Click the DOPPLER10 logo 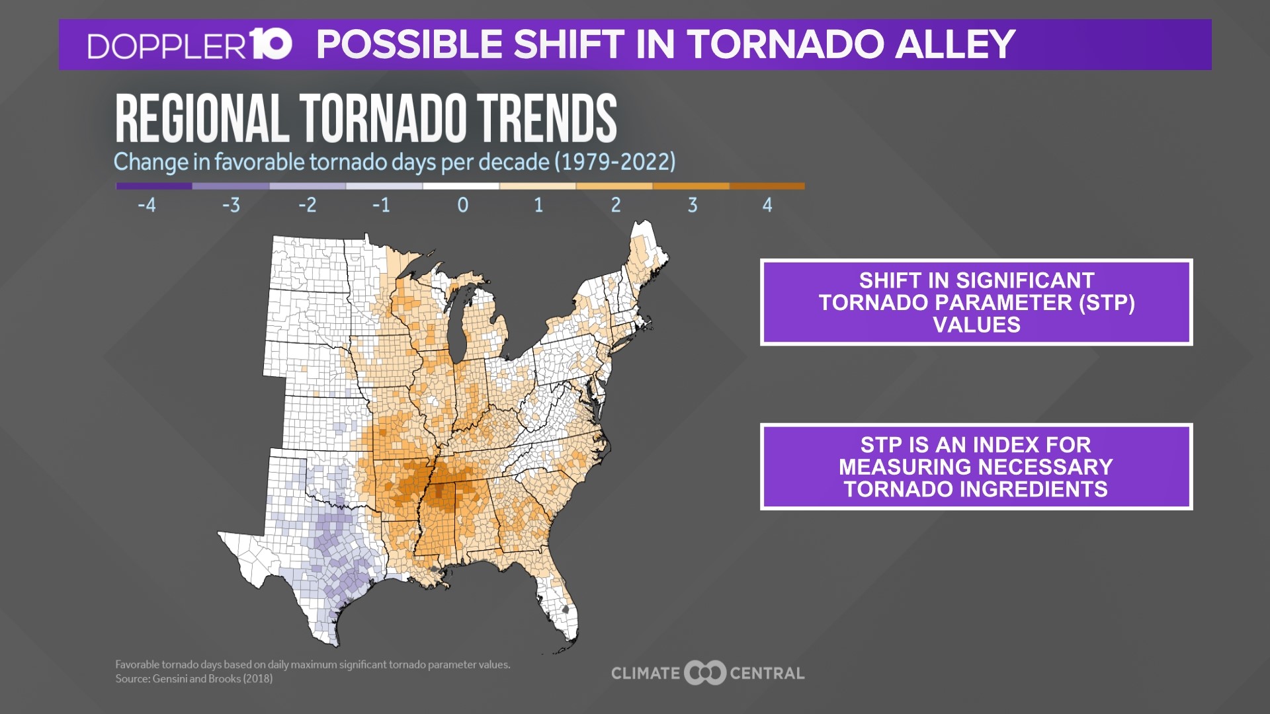tap(189, 45)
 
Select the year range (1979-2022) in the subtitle tap(614, 162)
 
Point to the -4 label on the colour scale tap(147, 205)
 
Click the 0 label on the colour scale tap(462, 205)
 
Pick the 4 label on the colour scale tap(767, 205)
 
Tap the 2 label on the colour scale tap(615, 205)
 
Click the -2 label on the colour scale tap(307, 205)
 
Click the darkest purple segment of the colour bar tap(154, 186)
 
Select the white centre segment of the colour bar tap(461, 186)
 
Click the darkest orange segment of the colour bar tap(767, 186)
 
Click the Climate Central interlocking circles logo tap(705, 673)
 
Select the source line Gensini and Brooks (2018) tap(194, 679)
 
